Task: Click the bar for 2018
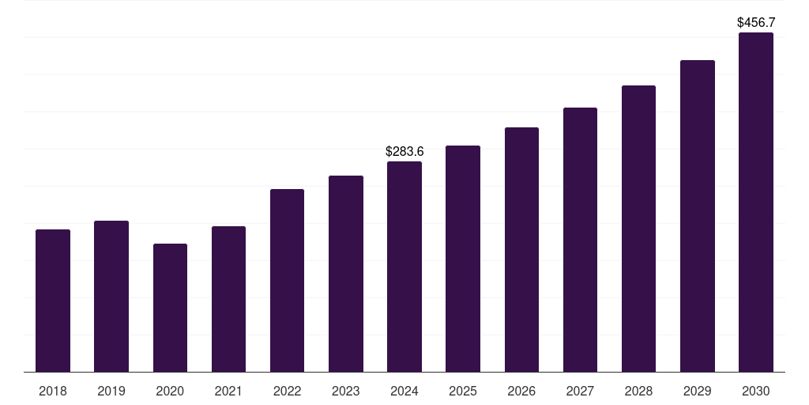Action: click(x=53, y=301)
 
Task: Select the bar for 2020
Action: click(x=170, y=308)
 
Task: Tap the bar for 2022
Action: click(x=287, y=280)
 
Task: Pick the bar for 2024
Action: click(x=404, y=267)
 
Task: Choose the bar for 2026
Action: click(x=521, y=249)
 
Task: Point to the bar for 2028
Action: click(x=638, y=229)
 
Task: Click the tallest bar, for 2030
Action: click(x=755, y=202)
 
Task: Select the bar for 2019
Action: click(x=111, y=297)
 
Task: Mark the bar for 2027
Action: click(x=580, y=240)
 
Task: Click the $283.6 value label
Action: click(x=404, y=151)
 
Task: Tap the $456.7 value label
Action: click(x=755, y=22)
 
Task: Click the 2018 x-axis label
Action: click(x=53, y=391)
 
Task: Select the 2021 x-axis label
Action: click(x=228, y=391)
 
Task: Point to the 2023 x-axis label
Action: click(x=345, y=391)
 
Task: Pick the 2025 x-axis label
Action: click(x=463, y=391)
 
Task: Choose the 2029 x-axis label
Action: click(x=697, y=391)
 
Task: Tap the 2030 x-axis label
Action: click(x=755, y=391)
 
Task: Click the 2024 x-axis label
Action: click(x=404, y=391)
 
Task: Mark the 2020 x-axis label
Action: click(x=170, y=391)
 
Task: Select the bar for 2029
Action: click(x=697, y=216)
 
